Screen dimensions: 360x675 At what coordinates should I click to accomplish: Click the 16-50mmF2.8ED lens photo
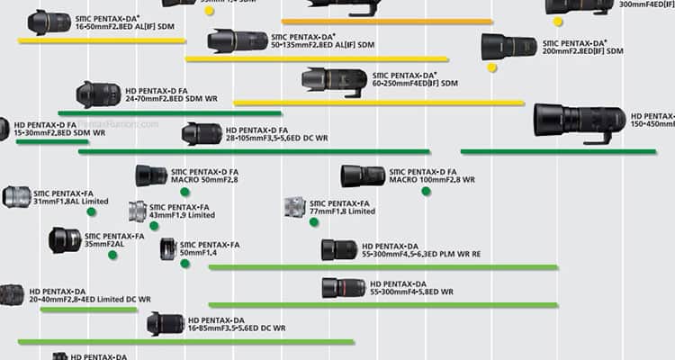(49, 22)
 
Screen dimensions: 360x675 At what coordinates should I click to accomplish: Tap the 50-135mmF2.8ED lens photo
(237, 40)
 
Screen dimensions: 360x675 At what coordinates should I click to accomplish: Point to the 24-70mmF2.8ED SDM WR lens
(98, 94)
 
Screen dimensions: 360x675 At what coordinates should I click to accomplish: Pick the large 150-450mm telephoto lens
(579, 120)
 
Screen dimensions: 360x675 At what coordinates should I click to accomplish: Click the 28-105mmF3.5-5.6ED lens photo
(202, 134)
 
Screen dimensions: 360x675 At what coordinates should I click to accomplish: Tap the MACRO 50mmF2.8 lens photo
(151, 175)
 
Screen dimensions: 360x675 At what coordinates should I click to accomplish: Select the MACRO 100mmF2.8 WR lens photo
(363, 175)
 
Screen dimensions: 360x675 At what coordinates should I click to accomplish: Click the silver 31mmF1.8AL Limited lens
(16, 196)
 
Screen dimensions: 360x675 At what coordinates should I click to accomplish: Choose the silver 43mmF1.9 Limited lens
(137, 211)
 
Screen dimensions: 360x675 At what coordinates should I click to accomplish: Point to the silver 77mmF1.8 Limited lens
(295, 207)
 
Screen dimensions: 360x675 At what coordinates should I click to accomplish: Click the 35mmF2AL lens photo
(65, 240)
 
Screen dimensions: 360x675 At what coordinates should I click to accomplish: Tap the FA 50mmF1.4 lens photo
(167, 249)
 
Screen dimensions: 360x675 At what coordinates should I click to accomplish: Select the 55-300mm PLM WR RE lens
(339, 249)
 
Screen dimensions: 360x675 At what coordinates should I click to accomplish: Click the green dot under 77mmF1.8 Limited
(314, 221)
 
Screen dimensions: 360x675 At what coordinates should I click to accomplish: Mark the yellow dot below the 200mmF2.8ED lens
(491, 67)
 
